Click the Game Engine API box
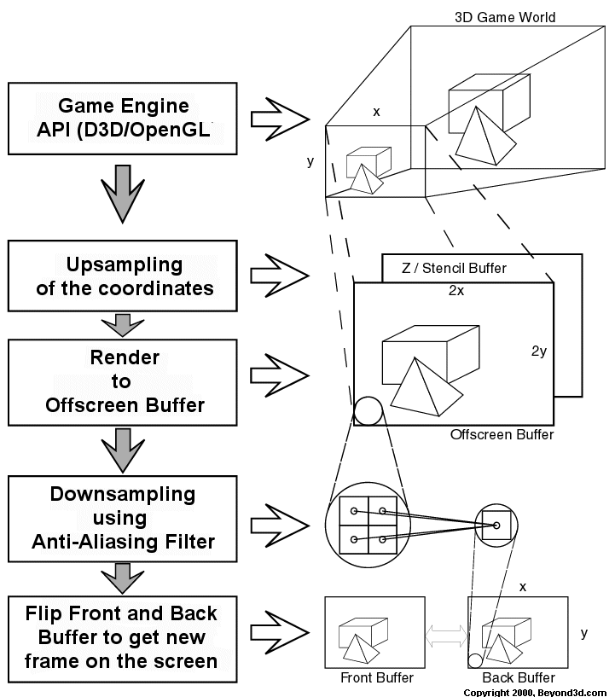(122, 118)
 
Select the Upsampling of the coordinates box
(122, 276)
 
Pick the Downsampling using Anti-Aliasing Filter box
(122, 517)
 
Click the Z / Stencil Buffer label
(454, 268)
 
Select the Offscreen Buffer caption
(502, 435)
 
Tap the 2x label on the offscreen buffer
(456, 290)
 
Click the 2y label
(539, 351)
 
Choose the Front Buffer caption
(377, 677)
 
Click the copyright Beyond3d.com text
(536, 692)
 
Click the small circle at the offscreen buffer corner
(368, 410)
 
